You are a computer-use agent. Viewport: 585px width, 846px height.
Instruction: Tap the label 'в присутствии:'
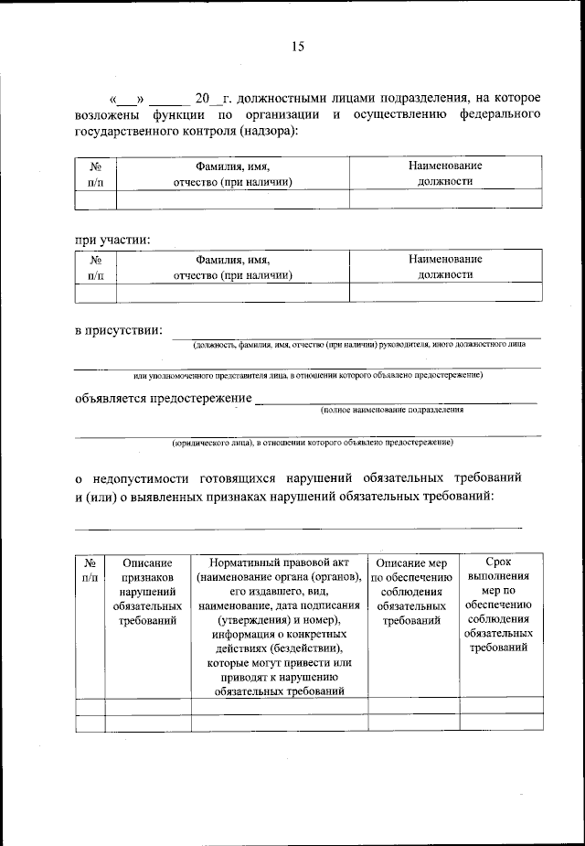[x=119, y=330]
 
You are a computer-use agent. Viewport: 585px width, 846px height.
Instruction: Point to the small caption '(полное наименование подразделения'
[x=392, y=411]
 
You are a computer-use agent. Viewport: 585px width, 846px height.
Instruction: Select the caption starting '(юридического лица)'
[x=314, y=443]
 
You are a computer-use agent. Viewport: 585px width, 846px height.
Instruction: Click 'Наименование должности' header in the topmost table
[x=444, y=173]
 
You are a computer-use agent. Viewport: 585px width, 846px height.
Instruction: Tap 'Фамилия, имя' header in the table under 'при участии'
[x=232, y=260]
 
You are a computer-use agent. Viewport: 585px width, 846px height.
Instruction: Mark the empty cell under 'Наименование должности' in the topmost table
[x=444, y=199]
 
